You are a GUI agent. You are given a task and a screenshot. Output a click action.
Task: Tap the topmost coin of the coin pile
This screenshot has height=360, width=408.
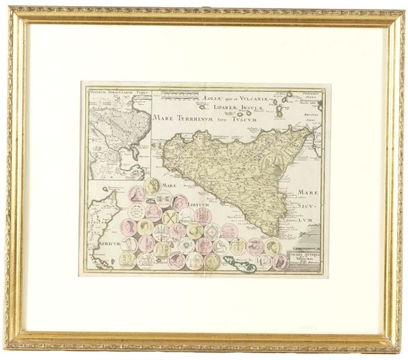click(152, 186)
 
